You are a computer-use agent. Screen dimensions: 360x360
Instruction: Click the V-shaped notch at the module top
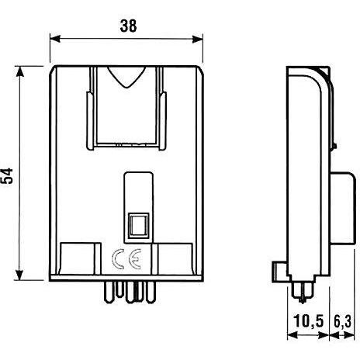(126, 78)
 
